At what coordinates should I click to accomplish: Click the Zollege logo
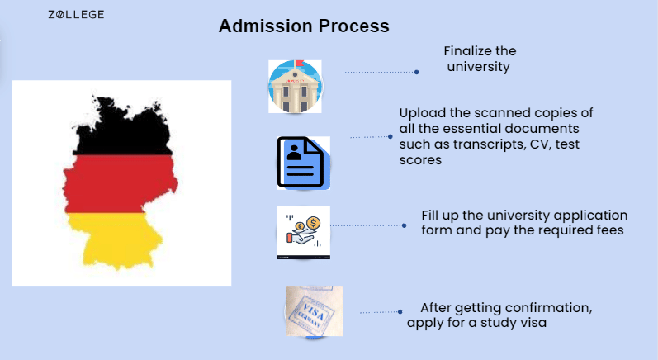pos(76,15)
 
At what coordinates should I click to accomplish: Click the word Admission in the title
pos(266,26)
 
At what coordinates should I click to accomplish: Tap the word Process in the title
pos(353,26)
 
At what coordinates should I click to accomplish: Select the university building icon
pos(295,87)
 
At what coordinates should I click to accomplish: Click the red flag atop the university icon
pos(300,64)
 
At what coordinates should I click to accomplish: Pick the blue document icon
pos(303,163)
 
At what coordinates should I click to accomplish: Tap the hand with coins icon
pos(303,233)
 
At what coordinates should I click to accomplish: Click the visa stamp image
pos(314,311)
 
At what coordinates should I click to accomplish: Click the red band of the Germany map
pos(120,184)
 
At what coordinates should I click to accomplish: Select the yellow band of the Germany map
pos(115,239)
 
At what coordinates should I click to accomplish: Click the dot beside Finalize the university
pos(417,72)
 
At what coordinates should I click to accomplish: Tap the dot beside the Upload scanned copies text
pos(391,136)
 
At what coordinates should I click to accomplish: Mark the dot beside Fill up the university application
pos(404,225)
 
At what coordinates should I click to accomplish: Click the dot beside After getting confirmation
pos(400,312)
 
